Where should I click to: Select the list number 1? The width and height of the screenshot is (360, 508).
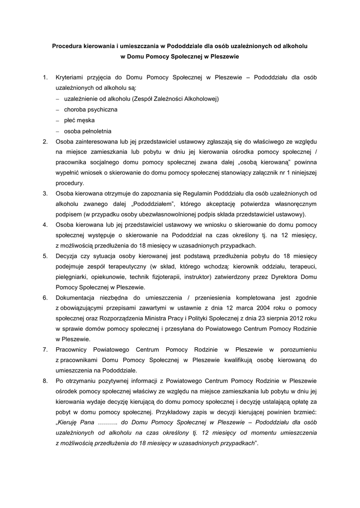click(x=45, y=77)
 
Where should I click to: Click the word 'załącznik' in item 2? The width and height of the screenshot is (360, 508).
click(x=273, y=172)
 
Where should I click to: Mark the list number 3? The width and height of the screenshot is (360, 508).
click(x=45, y=192)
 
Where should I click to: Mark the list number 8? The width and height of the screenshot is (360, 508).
click(x=45, y=381)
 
